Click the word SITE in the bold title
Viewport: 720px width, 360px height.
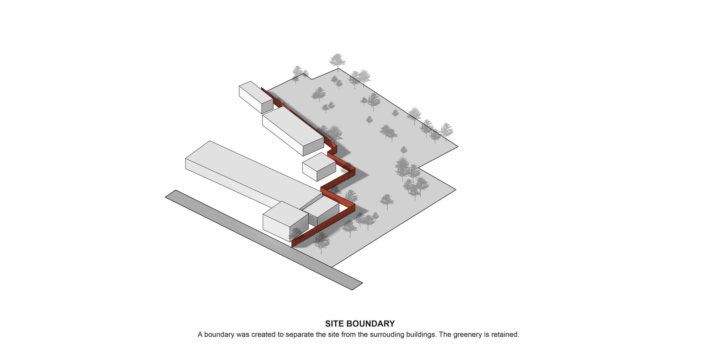point(334,324)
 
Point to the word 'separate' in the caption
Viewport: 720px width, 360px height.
point(299,335)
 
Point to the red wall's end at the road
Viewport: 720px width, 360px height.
point(292,245)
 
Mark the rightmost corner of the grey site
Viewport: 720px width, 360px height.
point(457,146)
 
